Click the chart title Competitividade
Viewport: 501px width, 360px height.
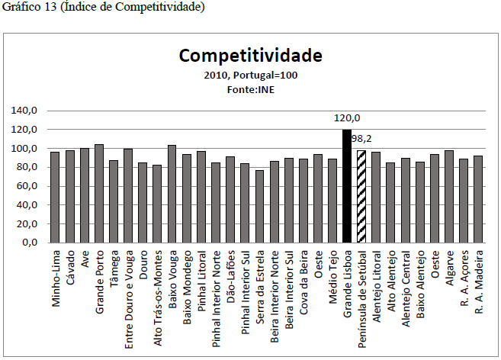[250, 56]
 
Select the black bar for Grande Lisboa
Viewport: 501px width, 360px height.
[347, 186]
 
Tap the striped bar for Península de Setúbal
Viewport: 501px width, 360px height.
[361, 196]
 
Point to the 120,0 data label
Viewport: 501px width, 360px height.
[347, 118]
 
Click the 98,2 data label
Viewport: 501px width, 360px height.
[372, 140]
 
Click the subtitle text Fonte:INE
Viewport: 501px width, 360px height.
[250, 90]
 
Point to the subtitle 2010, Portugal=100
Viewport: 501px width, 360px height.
[250, 76]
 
